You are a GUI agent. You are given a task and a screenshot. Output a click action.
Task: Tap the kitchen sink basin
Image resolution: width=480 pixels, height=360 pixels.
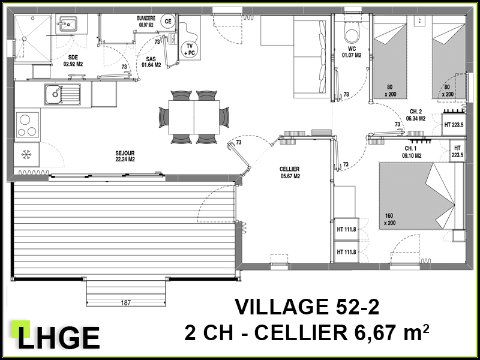[x=55, y=94]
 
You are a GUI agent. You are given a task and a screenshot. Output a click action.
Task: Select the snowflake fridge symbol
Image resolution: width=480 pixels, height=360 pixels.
[x=26, y=155]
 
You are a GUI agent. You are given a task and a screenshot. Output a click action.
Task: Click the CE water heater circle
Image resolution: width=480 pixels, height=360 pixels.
[x=167, y=21]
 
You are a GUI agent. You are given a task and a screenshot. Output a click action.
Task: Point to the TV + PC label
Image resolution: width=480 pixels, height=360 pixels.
[x=190, y=49]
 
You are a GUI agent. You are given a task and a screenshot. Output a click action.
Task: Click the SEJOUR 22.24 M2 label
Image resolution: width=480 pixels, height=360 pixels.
[x=125, y=156]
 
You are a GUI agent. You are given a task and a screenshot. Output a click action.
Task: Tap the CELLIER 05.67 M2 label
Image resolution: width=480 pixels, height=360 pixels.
[x=289, y=172]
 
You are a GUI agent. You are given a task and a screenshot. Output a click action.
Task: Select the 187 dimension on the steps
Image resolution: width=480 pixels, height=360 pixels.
[x=126, y=303]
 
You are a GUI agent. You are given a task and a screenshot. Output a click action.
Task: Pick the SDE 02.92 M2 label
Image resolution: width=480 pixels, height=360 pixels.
[x=73, y=61]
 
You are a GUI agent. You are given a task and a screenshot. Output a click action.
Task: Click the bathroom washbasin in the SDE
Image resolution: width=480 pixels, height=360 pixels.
[x=68, y=24]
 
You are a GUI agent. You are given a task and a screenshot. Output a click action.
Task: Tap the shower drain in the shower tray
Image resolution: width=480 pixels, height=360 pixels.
[x=24, y=38]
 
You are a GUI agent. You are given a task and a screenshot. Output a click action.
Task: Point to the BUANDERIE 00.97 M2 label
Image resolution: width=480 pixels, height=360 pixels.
[x=146, y=22]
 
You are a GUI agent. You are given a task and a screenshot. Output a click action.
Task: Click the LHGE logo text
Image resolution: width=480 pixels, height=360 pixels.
[x=59, y=338]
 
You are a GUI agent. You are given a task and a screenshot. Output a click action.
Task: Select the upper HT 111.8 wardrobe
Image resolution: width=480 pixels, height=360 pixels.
[x=346, y=229]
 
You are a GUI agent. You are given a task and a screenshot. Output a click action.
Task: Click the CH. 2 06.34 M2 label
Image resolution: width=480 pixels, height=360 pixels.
[x=415, y=115]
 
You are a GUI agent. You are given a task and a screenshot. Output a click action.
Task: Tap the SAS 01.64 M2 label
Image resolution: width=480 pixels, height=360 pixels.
[x=151, y=62]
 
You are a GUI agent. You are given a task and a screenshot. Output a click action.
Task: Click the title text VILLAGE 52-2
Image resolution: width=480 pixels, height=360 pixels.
[x=307, y=307]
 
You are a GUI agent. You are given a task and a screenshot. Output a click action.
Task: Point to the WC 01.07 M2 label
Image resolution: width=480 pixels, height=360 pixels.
[x=352, y=52]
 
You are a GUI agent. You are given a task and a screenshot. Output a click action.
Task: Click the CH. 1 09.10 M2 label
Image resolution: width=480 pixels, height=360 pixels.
[x=412, y=152]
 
